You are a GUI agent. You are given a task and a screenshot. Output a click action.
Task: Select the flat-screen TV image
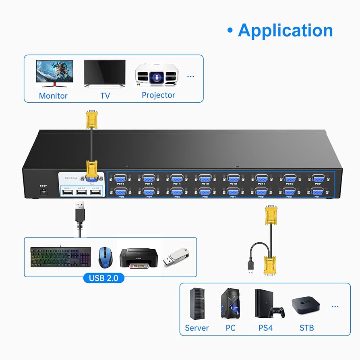pos(104,73)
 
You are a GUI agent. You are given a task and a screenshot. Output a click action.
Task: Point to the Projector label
pos(158,95)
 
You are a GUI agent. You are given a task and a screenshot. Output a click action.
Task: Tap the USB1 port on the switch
pos(67,193)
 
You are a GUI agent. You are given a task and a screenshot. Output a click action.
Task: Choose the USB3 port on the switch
pos(95,193)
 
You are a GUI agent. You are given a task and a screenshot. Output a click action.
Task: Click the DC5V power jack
pos(42,192)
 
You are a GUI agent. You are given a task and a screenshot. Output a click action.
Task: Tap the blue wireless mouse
pos(105,257)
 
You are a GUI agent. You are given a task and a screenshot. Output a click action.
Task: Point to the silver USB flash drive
pos(175,257)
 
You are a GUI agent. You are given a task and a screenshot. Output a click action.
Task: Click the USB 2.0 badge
pos(104,278)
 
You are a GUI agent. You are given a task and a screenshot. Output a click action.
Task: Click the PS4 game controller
pos(277,312)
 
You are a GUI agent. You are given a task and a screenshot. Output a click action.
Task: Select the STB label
pos(307,328)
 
